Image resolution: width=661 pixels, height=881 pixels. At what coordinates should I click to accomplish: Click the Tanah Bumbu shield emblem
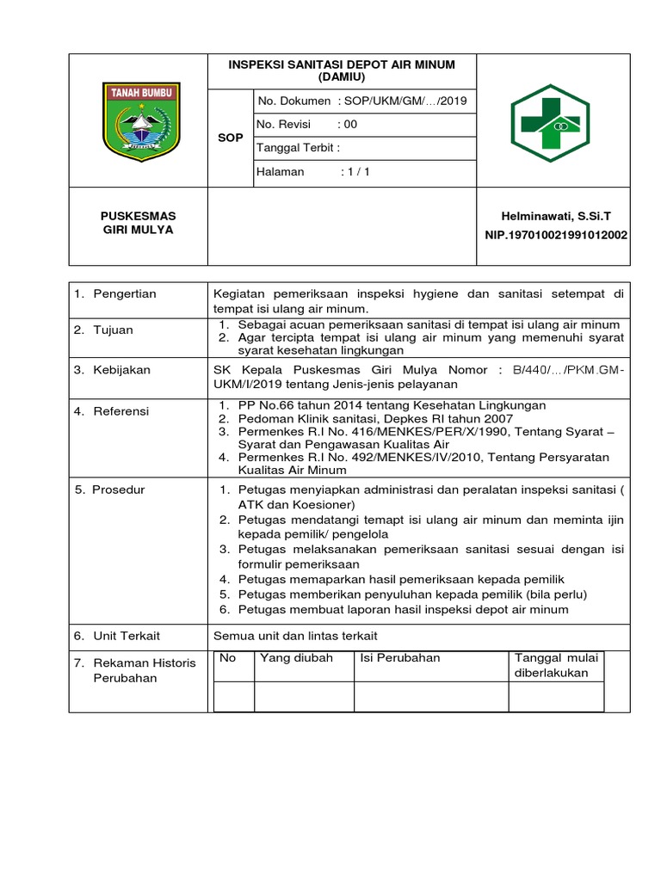coord(141,121)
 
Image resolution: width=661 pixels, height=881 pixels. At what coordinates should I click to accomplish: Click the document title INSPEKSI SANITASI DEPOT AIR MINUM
coord(342,71)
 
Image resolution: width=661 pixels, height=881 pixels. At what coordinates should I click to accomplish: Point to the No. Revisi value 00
coord(350,125)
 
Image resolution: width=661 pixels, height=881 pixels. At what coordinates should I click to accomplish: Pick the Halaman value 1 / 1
coord(355,172)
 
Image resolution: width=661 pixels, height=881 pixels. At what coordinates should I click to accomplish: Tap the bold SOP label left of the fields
coord(231,138)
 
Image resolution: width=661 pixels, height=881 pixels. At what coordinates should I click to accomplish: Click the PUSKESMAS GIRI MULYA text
coord(138,223)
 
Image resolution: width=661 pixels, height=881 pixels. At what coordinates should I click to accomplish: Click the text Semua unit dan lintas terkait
coord(295,636)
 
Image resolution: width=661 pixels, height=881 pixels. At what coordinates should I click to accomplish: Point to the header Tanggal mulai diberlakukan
coord(555,665)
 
